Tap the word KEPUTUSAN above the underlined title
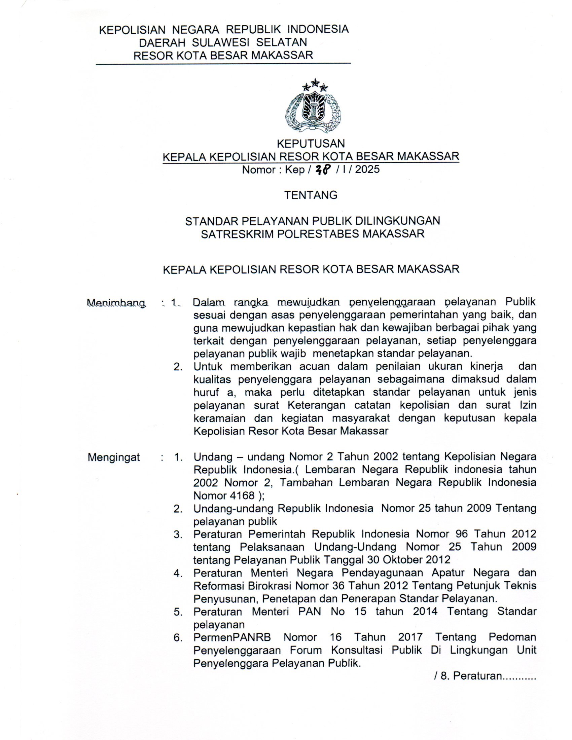[x=311, y=144]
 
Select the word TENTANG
[x=311, y=195]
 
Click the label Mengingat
[x=114, y=457]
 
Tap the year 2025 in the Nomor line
[x=367, y=170]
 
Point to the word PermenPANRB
[x=232, y=637]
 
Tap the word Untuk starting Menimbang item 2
[x=208, y=367]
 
